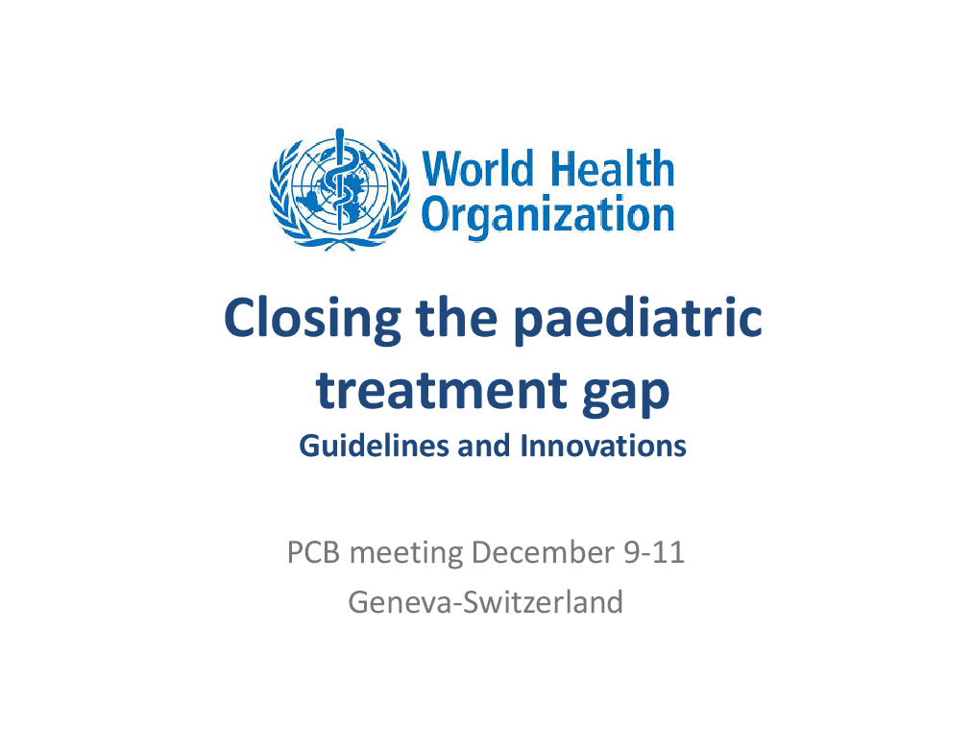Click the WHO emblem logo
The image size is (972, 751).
[x=340, y=189]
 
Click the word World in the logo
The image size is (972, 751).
[x=478, y=168]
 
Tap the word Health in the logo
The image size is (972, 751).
[x=613, y=168]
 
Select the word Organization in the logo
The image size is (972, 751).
[x=548, y=216]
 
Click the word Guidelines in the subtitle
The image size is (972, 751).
[x=374, y=447]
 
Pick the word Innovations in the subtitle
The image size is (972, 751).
[x=603, y=447]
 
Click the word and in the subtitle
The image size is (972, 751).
[x=484, y=447]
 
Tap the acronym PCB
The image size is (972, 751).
[x=314, y=552]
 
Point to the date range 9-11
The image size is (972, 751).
[x=654, y=552]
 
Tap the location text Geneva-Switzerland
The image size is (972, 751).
[x=485, y=602]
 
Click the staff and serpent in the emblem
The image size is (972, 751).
[x=339, y=180]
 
